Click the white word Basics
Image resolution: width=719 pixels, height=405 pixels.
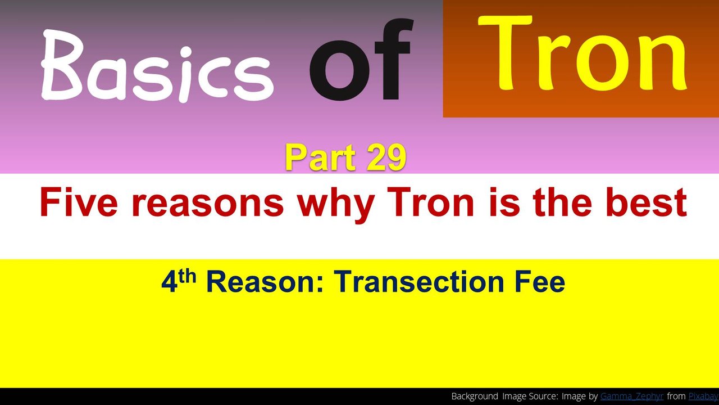[157, 66]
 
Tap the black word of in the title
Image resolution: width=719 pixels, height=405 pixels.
[361, 60]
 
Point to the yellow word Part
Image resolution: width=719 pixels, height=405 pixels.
[321, 157]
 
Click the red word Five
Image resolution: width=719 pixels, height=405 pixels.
[79, 203]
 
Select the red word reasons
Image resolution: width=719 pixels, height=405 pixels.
[208, 206]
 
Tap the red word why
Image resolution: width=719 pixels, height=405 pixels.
[336, 206]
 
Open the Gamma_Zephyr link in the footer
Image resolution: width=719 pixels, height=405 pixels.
[632, 397]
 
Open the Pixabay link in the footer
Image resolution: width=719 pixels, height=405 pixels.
[703, 397]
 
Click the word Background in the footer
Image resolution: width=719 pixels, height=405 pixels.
[475, 397]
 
